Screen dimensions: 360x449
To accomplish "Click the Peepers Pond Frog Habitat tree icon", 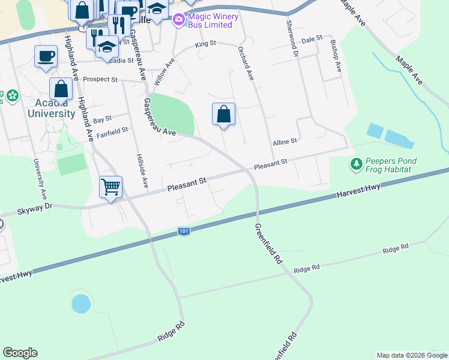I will (x=356, y=163).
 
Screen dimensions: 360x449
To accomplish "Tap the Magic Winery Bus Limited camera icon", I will (x=178, y=21).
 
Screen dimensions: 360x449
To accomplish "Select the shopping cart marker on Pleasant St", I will (x=111, y=187).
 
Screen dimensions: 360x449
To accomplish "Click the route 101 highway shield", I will (x=184, y=231).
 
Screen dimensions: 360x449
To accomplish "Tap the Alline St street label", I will (x=285, y=142).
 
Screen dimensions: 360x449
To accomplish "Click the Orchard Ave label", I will (x=246, y=64).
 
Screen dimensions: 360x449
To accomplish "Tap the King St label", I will (x=205, y=44).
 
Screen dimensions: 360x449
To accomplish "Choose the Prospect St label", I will (x=100, y=79).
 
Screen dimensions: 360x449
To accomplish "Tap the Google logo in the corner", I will (x=20, y=353).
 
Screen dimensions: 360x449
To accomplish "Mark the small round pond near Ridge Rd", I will (x=80, y=304).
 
